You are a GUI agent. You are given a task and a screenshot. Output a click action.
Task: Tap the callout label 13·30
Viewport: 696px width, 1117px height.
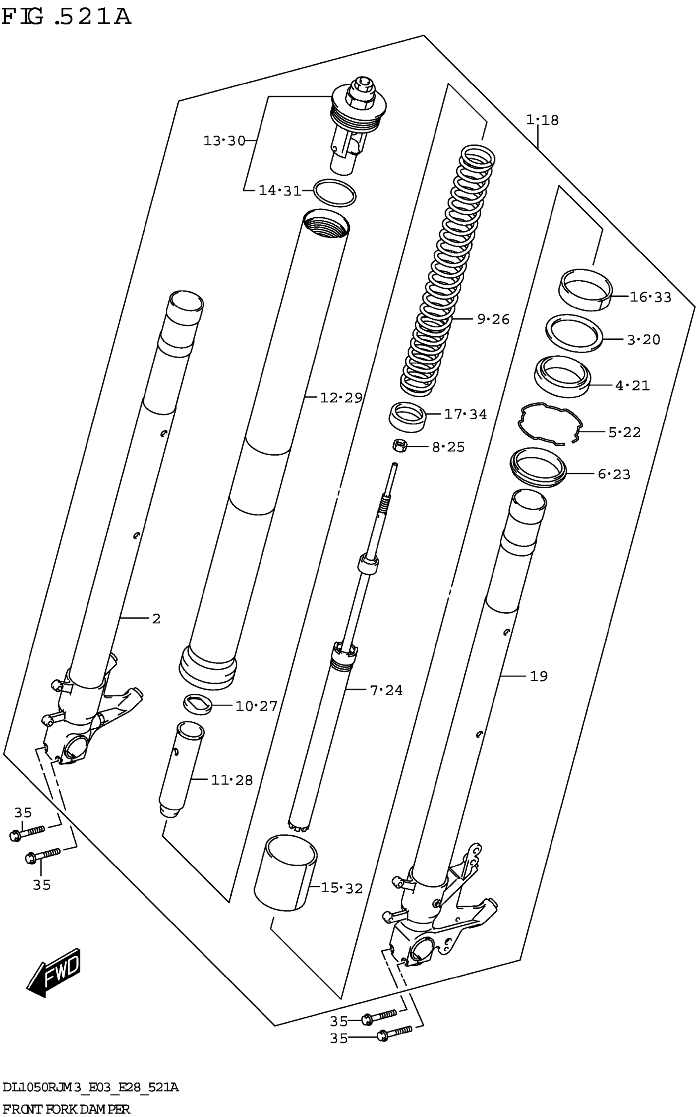coord(224,141)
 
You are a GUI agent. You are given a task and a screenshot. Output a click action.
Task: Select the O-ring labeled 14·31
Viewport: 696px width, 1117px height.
coord(334,193)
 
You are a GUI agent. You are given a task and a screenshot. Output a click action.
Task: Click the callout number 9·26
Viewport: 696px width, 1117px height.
coord(493,319)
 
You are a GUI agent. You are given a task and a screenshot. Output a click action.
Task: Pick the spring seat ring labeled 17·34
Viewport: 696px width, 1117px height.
coord(407,417)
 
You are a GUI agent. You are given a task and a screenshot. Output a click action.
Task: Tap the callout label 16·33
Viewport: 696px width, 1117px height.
coord(650,297)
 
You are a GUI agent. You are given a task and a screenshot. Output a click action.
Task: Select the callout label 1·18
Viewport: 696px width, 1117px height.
coord(542,120)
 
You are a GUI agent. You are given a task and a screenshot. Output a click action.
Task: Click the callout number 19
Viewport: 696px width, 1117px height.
coord(538,676)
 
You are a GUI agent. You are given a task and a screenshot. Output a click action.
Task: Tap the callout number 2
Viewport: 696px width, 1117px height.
coord(156,619)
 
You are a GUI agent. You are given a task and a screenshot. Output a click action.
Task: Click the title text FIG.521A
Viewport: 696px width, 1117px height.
coord(66,17)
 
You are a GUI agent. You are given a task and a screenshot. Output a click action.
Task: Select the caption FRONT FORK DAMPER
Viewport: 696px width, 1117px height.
coord(66,1109)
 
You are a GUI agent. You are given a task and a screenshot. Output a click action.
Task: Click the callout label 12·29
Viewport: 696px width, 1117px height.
coord(341,397)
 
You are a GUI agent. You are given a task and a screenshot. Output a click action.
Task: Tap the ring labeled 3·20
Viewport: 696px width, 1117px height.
coord(574,334)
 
